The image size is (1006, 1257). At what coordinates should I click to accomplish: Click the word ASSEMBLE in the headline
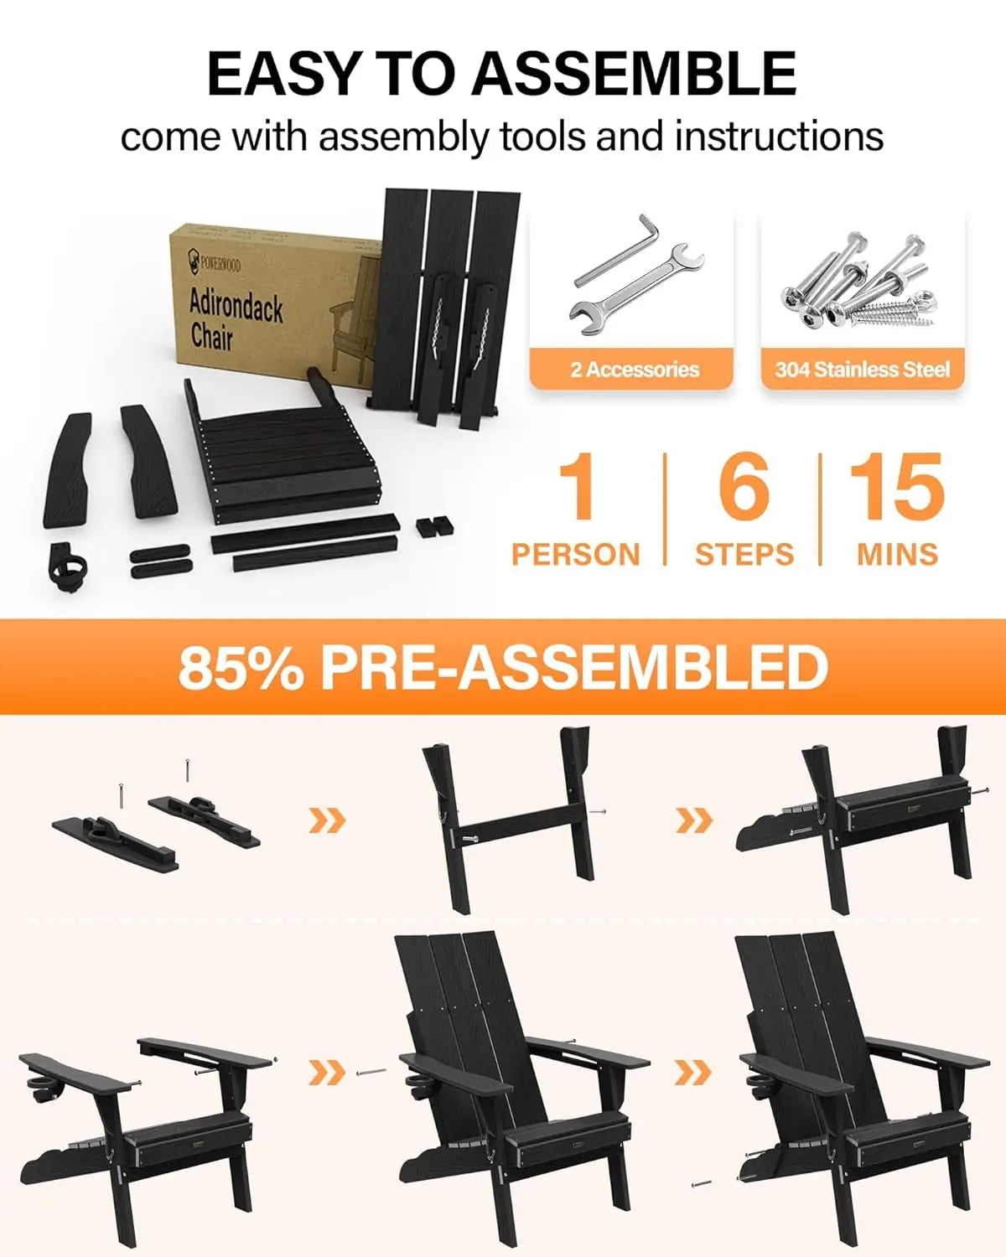click(x=634, y=74)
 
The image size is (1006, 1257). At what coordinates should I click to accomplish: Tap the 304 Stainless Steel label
click(x=862, y=370)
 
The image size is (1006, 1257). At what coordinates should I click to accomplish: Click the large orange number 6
click(x=743, y=487)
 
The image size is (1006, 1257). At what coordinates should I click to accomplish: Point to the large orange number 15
click(x=896, y=487)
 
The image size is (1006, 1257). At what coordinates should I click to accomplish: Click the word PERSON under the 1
click(x=576, y=554)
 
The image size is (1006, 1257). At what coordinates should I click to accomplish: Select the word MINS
click(x=897, y=554)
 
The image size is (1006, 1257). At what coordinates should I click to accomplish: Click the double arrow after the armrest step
click(x=327, y=1072)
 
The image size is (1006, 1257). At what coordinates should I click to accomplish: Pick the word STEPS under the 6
click(x=744, y=554)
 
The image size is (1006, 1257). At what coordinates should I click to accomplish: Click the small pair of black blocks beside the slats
click(x=435, y=526)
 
